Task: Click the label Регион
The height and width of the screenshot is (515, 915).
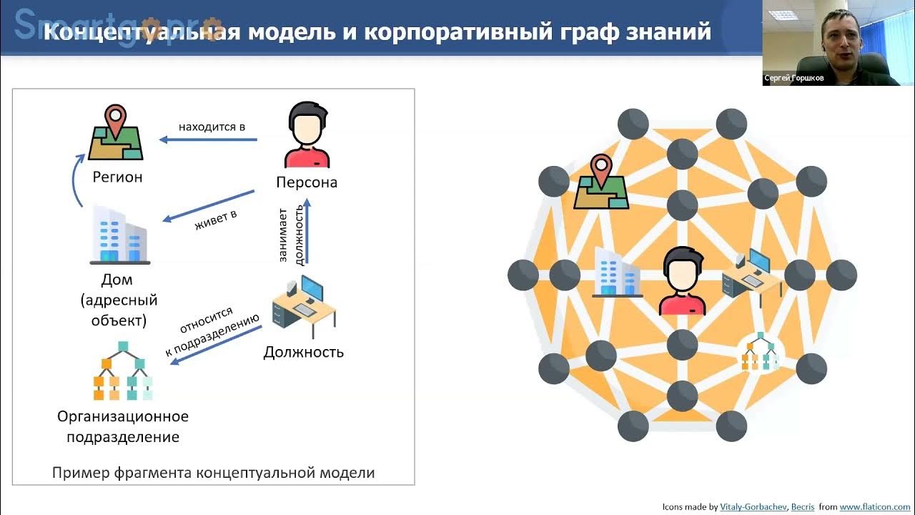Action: point(117,177)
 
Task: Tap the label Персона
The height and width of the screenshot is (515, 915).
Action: point(307,182)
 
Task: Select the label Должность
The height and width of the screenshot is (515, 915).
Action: point(304,352)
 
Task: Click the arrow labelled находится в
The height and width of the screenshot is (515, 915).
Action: point(208,139)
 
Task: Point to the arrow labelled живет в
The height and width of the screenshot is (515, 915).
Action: point(208,206)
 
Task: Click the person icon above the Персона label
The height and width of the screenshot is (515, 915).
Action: point(307,135)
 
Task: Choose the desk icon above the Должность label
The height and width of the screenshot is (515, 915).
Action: point(305,306)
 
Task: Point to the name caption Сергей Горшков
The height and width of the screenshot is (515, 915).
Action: point(793,79)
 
